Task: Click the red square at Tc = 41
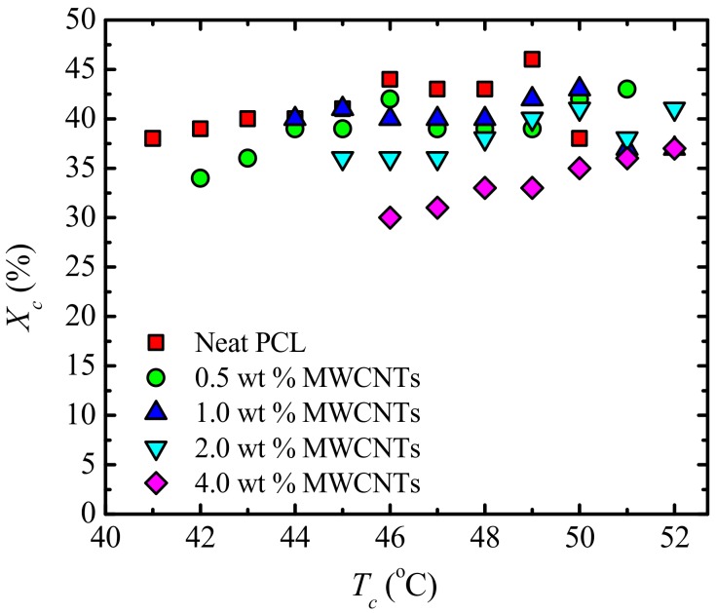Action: pos(152,138)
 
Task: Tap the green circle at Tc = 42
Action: pos(200,178)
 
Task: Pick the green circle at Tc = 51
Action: pos(626,89)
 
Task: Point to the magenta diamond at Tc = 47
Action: pos(437,208)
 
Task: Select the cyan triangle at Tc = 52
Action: pos(674,110)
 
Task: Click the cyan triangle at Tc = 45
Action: pos(342,160)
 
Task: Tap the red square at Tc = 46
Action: pos(390,79)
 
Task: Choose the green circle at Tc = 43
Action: pos(247,158)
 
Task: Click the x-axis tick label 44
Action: pos(294,539)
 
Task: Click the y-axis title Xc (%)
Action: pos(23,267)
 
